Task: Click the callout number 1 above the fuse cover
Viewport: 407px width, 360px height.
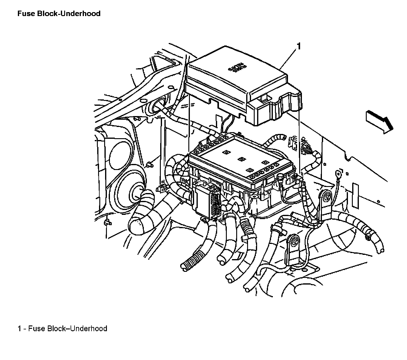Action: [x=299, y=46]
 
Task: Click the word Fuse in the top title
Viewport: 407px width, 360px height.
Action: [x=24, y=14]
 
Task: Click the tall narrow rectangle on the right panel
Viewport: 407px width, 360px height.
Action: [x=355, y=193]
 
